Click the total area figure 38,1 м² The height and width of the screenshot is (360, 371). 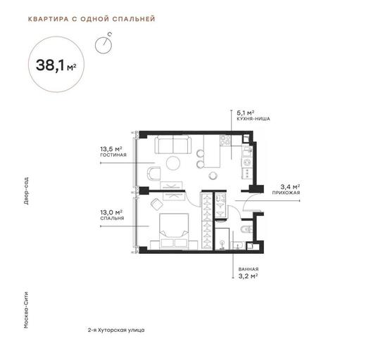point(56,65)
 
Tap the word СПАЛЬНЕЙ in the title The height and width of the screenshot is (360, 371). point(134,19)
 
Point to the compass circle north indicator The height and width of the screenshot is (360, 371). point(103,45)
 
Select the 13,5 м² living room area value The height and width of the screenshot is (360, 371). point(111,149)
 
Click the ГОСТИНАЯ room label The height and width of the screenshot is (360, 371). point(113,155)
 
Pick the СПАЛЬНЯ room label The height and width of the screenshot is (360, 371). point(112,218)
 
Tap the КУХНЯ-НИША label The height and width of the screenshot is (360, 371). point(253,119)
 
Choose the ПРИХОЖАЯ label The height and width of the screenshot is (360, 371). point(286,193)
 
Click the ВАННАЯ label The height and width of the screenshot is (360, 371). point(249,269)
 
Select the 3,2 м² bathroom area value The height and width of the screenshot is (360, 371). point(248,276)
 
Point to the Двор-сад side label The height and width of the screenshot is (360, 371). point(26,191)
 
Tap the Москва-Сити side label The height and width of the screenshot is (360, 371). point(26,310)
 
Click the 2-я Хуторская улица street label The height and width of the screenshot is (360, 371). point(116,330)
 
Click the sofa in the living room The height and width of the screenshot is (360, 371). point(173,145)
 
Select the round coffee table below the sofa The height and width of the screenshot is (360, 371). point(173,163)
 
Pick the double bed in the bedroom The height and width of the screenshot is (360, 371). point(175,231)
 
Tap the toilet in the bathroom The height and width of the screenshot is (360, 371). point(247,229)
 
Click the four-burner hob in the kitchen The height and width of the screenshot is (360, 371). point(225,140)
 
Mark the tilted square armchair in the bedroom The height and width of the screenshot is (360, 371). point(156,204)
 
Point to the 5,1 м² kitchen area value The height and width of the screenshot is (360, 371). point(246,112)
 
